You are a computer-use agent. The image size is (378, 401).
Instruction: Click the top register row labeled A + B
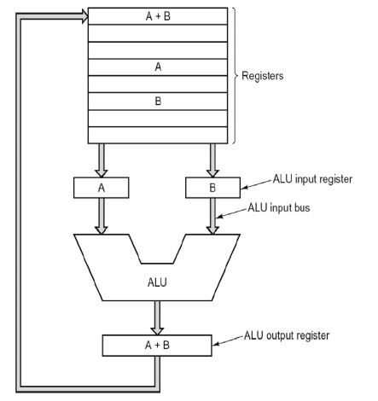(158, 15)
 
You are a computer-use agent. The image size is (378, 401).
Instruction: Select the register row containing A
(158, 66)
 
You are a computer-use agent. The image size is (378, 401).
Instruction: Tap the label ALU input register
(312, 180)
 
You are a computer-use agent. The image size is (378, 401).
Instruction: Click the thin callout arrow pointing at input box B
(253, 183)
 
